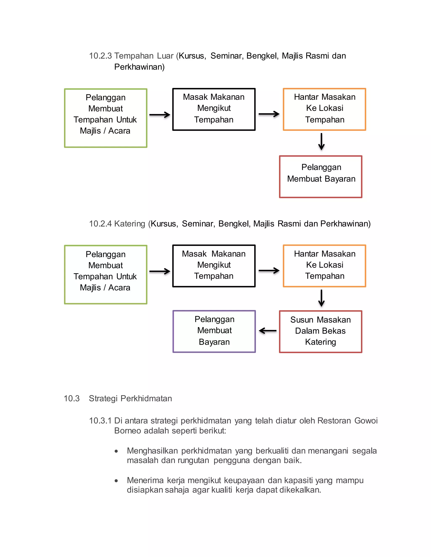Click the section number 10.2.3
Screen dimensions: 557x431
[100, 56]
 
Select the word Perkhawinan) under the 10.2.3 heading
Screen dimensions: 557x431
[139, 67]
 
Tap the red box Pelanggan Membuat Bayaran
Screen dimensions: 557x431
[321, 177]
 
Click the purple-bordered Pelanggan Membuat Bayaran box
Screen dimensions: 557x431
[214, 331]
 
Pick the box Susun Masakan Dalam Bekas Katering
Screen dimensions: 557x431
[321, 331]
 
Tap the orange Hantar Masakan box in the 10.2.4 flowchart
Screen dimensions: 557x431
[324, 266]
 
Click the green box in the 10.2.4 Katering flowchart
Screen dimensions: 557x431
[105, 275]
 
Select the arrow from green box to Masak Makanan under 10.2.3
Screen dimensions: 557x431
[160, 115]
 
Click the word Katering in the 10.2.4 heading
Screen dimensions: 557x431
[129, 224]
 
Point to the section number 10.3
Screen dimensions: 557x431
[72, 398]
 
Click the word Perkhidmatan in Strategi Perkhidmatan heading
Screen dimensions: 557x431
[146, 398]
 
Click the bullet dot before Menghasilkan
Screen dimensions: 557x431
[116, 451]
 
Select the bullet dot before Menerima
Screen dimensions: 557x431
[116, 481]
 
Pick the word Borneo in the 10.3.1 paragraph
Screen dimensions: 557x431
[127, 431]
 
